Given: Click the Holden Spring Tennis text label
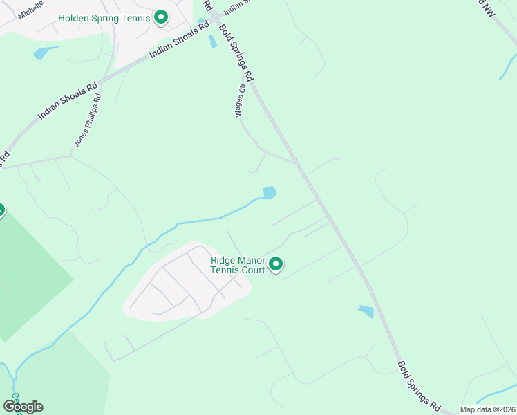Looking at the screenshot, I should pyautogui.click(x=104, y=18).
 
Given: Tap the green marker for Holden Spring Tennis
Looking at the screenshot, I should pyautogui.click(x=162, y=17).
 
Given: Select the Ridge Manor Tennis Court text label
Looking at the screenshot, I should pyautogui.click(x=238, y=265).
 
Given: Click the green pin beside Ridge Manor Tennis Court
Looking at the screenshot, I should pyautogui.click(x=276, y=264).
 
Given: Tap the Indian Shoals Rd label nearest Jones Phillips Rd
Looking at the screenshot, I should pyautogui.click(x=68, y=102).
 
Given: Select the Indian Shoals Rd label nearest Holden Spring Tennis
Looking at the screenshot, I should pyautogui.click(x=179, y=43).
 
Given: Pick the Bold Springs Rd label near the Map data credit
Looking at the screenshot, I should pyautogui.click(x=419, y=386).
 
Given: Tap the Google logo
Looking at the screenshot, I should pyautogui.click(x=23, y=407).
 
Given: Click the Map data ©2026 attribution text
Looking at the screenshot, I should pyautogui.click(x=487, y=409).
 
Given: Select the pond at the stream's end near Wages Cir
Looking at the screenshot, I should pyautogui.click(x=270, y=192).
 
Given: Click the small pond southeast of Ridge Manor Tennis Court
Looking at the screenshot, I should pyautogui.click(x=366, y=311).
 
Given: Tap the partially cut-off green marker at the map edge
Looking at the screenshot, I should pyautogui.click(x=1, y=210).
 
